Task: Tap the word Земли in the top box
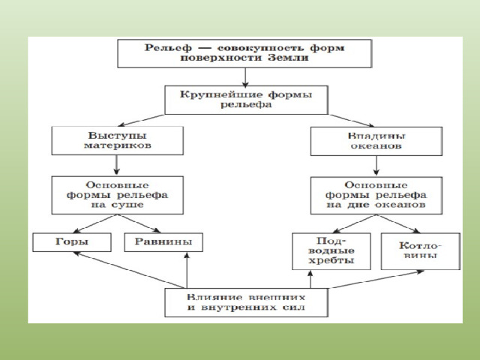[x=288, y=58]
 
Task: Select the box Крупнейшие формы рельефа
[x=247, y=100]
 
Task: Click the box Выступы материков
[x=118, y=140]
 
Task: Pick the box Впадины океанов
[x=376, y=141]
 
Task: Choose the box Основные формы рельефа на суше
[x=118, y=195]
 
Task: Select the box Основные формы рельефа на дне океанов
[x=376, y=195]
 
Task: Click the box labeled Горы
[x=72, y=242]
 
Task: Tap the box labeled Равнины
[x=163, y=242]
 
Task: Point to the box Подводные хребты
[x=331, y=251]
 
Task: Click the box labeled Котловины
[x=421, y=251]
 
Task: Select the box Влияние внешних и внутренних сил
[x=247, y=302]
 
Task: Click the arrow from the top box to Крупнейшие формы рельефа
[x=245, y=77]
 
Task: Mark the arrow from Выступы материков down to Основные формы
[x=116, y=165]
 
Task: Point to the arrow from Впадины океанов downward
[x=376, y=166]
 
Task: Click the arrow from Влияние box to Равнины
[x=187, y=270]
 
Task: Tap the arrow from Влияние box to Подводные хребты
[x=310, y=279]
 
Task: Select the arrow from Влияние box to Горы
[x=129, y=270]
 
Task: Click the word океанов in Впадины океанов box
[x=376, y=145]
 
